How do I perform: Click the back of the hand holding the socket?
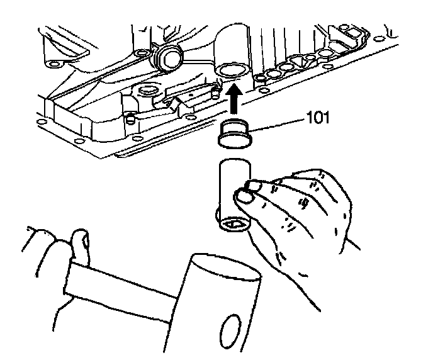[315, 208]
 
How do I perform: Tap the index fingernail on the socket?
[255, 184]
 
